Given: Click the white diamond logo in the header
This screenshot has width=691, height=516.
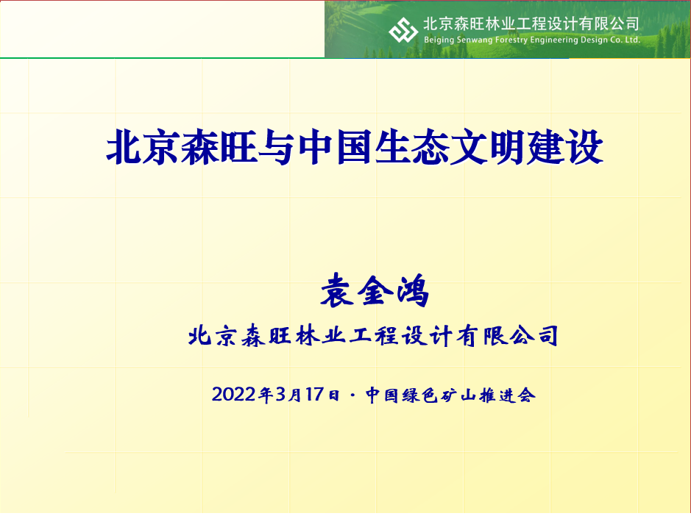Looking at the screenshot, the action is point(403,30).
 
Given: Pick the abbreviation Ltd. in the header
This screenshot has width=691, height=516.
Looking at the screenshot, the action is point(632,40).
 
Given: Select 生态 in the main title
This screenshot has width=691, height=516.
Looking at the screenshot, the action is point(411,147).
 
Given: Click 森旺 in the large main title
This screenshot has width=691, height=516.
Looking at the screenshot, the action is point(219,147).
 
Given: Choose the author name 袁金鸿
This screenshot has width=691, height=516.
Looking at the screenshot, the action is point(375,290).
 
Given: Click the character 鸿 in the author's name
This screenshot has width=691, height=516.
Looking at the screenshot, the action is point(413,290).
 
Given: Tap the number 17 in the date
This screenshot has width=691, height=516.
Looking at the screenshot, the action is point(315,395).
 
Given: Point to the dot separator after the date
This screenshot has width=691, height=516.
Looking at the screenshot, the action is point(353,395).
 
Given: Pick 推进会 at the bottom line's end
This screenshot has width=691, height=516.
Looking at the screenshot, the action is point(508,395).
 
